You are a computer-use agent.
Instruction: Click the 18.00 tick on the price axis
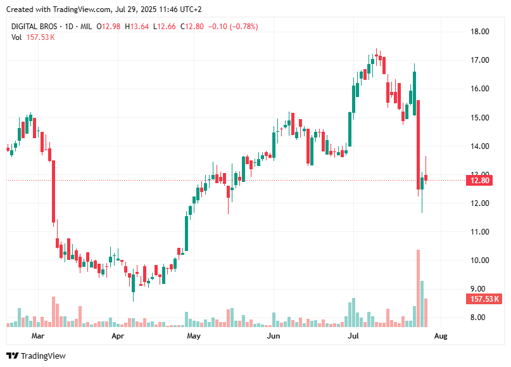coord(479,32)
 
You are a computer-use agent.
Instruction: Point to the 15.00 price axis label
coord(479,117)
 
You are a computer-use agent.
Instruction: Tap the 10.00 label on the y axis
coord(479,261)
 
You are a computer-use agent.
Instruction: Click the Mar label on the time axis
coord(39,336)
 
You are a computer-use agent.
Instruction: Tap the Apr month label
coord(118,336)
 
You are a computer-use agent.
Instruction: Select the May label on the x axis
coord(194,336)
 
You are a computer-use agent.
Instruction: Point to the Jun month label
coord(274,336)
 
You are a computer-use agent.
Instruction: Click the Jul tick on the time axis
coord(354,336)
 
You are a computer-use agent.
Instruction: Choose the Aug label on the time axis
coord(440,336)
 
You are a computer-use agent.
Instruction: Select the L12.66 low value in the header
coord(165,27)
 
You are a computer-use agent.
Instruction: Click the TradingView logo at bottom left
coord(36,356)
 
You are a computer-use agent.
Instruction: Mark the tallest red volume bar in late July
coord(419,288)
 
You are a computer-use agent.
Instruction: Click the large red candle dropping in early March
coord(54,191)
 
